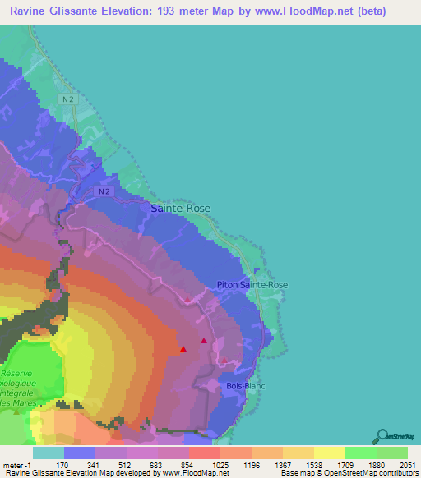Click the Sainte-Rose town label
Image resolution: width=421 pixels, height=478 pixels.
(x=181, y=209)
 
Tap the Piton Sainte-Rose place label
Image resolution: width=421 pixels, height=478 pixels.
(x=252, y=284)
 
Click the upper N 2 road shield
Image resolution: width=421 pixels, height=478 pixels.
(x=68, y=98)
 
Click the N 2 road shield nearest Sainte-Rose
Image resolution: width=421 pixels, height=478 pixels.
(x=101, y=191)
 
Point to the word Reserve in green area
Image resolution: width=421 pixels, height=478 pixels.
(x=16, y=374)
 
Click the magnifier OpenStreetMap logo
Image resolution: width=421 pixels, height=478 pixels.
(x=381, y=435)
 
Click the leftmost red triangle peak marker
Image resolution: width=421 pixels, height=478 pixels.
(x=183, y=349)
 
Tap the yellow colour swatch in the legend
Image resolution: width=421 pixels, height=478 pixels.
(x=329, y=453)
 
